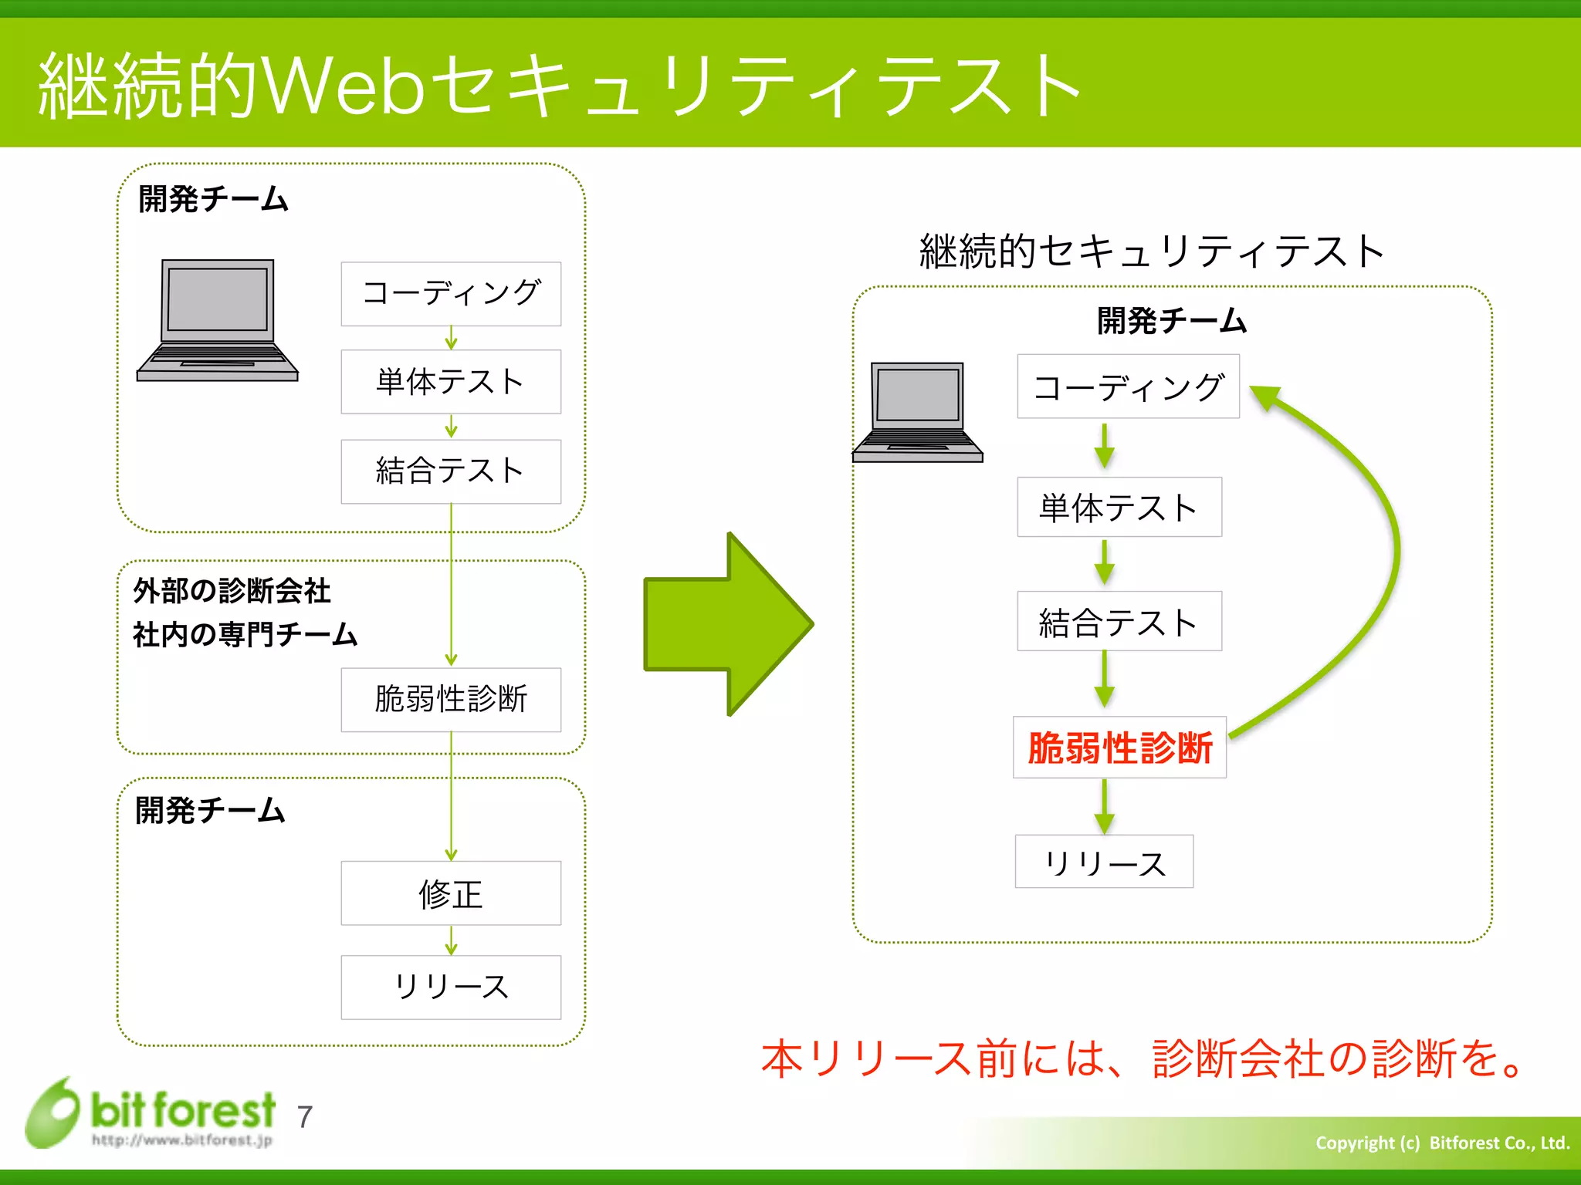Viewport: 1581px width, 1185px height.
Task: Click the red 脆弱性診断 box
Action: tap(1119, 748)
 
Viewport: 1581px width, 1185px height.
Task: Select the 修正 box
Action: tap(451, 893)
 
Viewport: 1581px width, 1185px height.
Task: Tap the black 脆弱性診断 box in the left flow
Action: tap(451, 700)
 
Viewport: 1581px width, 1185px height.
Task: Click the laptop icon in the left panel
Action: tap(217, 320)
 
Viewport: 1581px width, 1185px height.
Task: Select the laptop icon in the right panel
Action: tap(917, 413)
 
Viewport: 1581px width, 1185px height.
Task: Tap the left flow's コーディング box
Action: tap(451, 294)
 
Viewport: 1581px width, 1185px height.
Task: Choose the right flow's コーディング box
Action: tap(1128, 387)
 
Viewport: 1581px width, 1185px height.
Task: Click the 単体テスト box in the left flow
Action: tap(451, 382)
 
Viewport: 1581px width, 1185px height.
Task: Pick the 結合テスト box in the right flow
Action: tap(1119, 621)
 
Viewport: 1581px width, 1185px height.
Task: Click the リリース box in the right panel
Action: tap(1104, 862)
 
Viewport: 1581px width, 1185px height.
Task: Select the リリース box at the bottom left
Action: tap(451, 987)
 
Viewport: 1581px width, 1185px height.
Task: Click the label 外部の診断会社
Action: tap(232, 591)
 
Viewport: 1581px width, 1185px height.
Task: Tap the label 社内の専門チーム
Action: tap(245, 634)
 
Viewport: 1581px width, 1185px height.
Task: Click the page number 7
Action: tap(305, 1117)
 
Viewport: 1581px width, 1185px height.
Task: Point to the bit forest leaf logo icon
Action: tap(52, 1112)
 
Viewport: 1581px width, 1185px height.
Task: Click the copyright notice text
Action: tap(1442, 1143)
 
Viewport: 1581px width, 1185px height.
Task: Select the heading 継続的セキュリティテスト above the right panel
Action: tap(1151, 252)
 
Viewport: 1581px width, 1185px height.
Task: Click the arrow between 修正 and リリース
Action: tap(451, 940)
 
